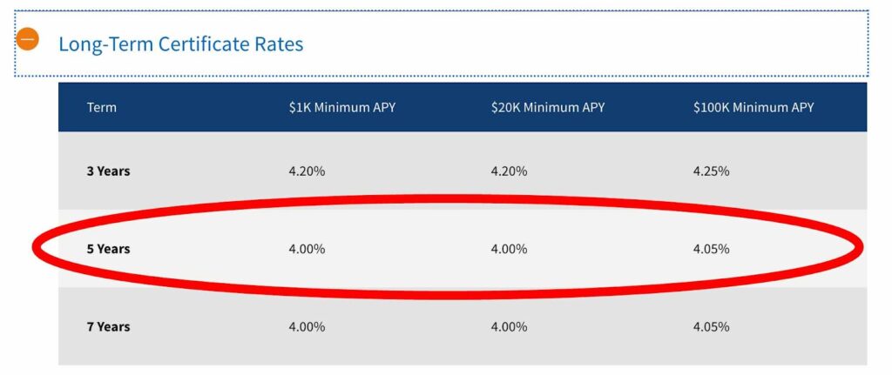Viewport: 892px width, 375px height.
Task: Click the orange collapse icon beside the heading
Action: click(x=28, y=39)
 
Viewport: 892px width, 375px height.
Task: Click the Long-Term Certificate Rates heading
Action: click(x=180, y=44)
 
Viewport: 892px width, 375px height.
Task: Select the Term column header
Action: click(x=101, y=108)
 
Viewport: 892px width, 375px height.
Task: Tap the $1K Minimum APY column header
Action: click(x=342, y=108)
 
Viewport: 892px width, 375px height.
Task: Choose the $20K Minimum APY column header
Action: click(x=547, y=108)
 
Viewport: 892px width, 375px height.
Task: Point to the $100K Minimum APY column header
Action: click(x=753, y=108)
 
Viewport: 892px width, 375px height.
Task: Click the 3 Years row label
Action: click(x=108, y=171)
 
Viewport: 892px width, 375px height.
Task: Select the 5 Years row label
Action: click(x=108, y=249)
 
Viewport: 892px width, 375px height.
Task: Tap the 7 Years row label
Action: click(x=108, y=327)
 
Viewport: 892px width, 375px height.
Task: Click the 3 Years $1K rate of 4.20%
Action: click(x=307, y=171)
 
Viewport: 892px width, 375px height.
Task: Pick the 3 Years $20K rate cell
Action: click(x=509, y=171)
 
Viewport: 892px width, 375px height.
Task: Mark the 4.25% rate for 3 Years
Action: click(x=711, y=171)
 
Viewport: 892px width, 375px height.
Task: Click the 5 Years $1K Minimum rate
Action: click(x=307, y=249)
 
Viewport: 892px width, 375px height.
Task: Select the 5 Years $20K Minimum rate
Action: click(x=509, y=249)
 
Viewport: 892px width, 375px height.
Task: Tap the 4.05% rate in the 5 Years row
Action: click(x=711, y=249)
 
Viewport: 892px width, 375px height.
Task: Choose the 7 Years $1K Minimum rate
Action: click(x=307, y=327)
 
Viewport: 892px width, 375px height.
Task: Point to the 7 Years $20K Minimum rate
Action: click(x=509, y=327)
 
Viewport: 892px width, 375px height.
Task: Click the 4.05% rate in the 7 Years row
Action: click(x=711, y=327)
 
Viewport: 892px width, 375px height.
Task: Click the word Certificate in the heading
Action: click(x=200, y=44)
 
